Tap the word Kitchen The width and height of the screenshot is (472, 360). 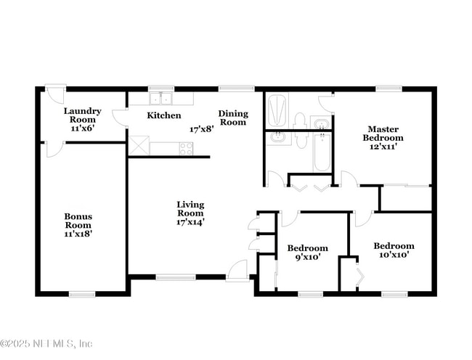[164, 115]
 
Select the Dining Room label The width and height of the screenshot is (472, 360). [232, 118]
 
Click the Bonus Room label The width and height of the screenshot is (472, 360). [78, 225]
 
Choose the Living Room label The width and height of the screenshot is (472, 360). [190, 213]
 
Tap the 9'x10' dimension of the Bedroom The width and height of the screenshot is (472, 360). [307, 257]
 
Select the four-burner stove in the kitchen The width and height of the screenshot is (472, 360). [186, 148]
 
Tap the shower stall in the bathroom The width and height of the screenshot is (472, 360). [277, 110]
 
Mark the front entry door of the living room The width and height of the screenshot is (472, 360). [237, 270]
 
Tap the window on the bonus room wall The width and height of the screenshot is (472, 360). [82, 294]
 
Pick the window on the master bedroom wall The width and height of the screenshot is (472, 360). [388, 89]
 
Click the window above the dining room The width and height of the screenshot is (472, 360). [232, 89]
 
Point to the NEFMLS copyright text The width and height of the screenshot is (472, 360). [46, 343]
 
